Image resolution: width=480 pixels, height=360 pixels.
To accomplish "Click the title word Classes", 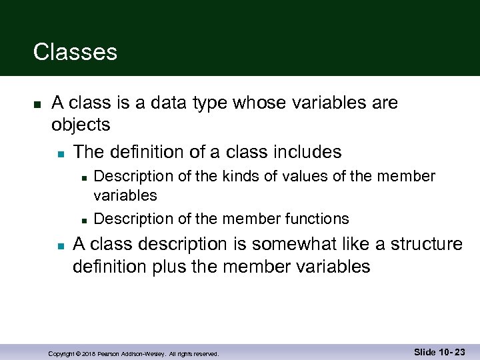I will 75,52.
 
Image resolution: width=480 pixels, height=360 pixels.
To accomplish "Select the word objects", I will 81,125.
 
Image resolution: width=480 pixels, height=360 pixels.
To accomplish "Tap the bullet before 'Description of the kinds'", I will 83,178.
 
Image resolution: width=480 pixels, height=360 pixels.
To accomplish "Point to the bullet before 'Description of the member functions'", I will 83,220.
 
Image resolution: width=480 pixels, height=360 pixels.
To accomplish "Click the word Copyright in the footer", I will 63,353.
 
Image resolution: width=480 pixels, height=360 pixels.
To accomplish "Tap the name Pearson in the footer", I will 111,353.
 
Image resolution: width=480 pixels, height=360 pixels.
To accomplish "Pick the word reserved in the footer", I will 205,353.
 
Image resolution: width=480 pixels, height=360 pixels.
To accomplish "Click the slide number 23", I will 459,351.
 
